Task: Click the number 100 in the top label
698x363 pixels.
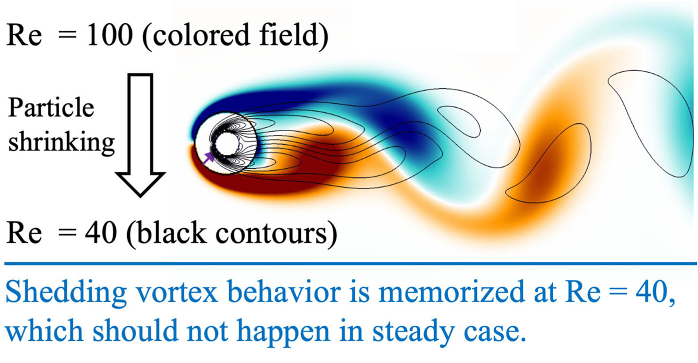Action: click(x=110, y=35)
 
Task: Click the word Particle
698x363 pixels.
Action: click(x=51, y=107)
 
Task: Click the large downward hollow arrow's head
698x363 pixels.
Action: click(x=140, y=184)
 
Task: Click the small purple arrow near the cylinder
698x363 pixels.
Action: click(x=208, y=158)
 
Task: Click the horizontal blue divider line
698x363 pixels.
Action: click(x=351, y=264)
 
